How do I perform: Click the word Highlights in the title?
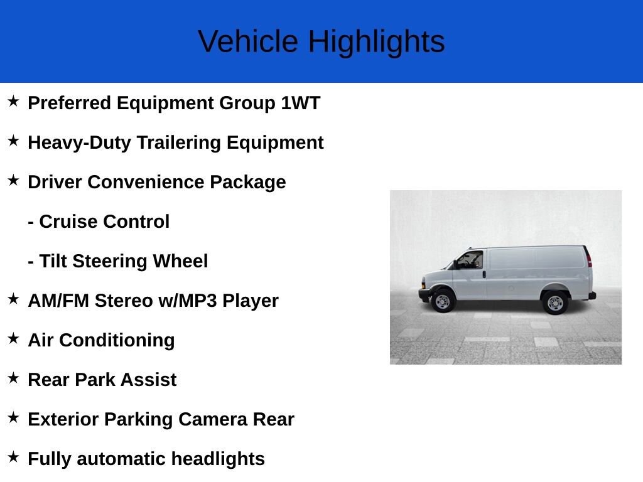click(376, 42)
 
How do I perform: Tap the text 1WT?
click(300, 103)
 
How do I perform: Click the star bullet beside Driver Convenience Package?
click(13, 181)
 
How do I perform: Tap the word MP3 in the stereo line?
click(198, 301)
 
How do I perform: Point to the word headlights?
click(218, 459)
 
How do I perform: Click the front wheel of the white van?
click(443, 302)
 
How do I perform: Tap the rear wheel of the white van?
click(555, 303)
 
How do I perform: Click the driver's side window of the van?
click(470, 260)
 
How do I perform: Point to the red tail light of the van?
click(588, 257)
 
